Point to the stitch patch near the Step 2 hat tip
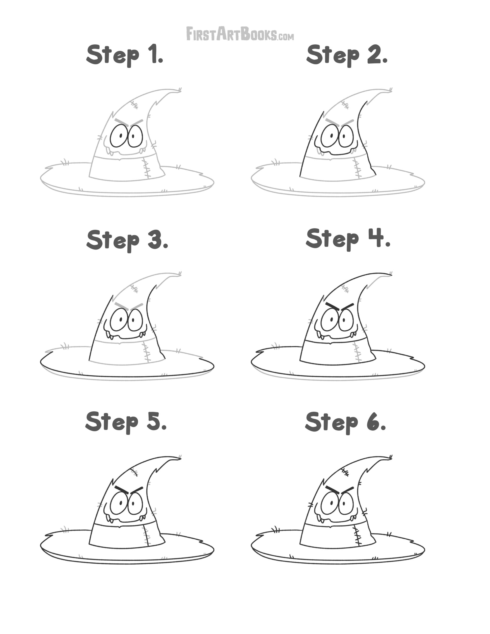pos(345,105)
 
